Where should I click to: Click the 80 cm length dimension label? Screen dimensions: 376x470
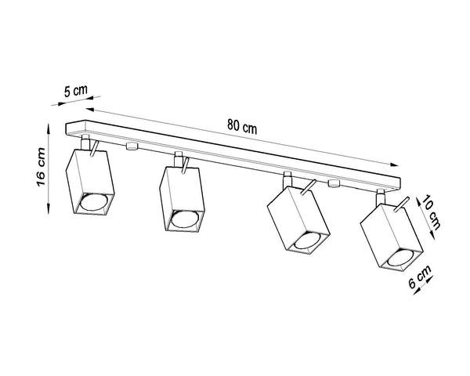[x=241, y=125]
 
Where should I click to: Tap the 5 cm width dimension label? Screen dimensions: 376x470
[x=76, y=91]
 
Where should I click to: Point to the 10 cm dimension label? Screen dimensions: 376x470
[x=431, y=212]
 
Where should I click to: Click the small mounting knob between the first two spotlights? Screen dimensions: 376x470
[x=131, y=146]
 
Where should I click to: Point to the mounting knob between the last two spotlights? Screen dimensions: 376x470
[x=334, y=185]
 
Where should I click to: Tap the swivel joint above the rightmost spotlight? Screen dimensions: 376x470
[x=382, y=197]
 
